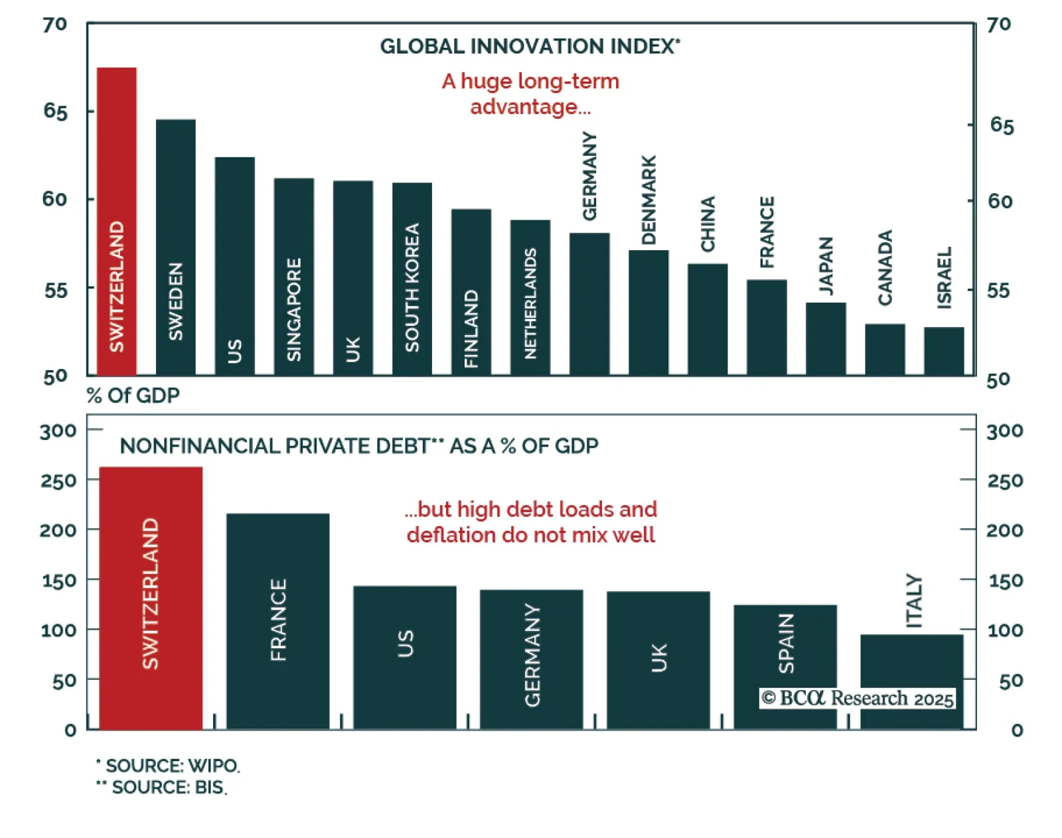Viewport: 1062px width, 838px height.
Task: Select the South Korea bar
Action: click(x=412, y=279)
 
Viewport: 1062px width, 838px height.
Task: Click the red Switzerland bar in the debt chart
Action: click(x=151, y=597)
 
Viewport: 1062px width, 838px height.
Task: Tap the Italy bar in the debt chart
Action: click(x=911, y=680)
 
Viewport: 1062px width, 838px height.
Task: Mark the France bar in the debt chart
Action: click(x=277, y=620)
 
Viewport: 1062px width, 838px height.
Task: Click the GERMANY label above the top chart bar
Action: click(x=589, y=176)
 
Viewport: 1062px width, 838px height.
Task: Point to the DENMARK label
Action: click(x=648, y=200)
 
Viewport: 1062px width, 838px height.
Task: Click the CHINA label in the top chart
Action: click(x=708, y=224)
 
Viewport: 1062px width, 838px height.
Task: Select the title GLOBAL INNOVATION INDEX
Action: click(x=530, y=46)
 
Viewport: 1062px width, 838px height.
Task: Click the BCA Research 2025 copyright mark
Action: click(x=858, y=698)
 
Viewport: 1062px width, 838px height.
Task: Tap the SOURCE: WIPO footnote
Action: click(x=169, y=766)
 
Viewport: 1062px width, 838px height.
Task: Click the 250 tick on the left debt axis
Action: click(x=58, y=480)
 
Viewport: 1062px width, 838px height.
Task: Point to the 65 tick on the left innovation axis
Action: click(x=56, y=111)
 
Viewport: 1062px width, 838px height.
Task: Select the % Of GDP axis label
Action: click(x=133, y=395)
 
